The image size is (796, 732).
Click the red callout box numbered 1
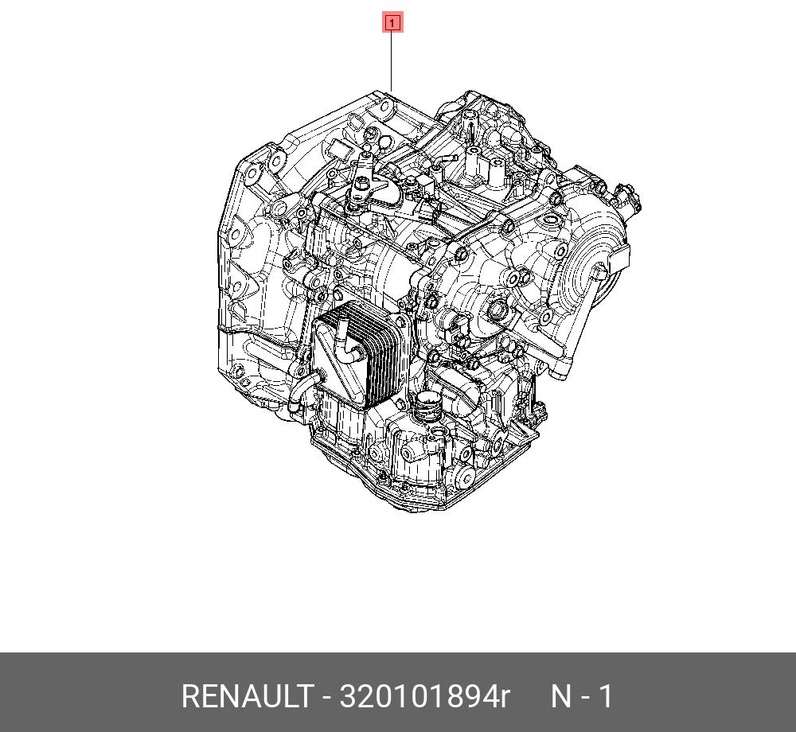(392, 23)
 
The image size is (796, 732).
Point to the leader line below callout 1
(392, 61)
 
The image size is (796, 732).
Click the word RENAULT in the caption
(246, 696)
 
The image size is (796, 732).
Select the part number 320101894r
(423, 696)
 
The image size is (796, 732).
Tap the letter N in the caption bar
(561, 696)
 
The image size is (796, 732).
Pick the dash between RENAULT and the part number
(326, 699)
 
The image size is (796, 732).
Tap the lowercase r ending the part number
(503, 699)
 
